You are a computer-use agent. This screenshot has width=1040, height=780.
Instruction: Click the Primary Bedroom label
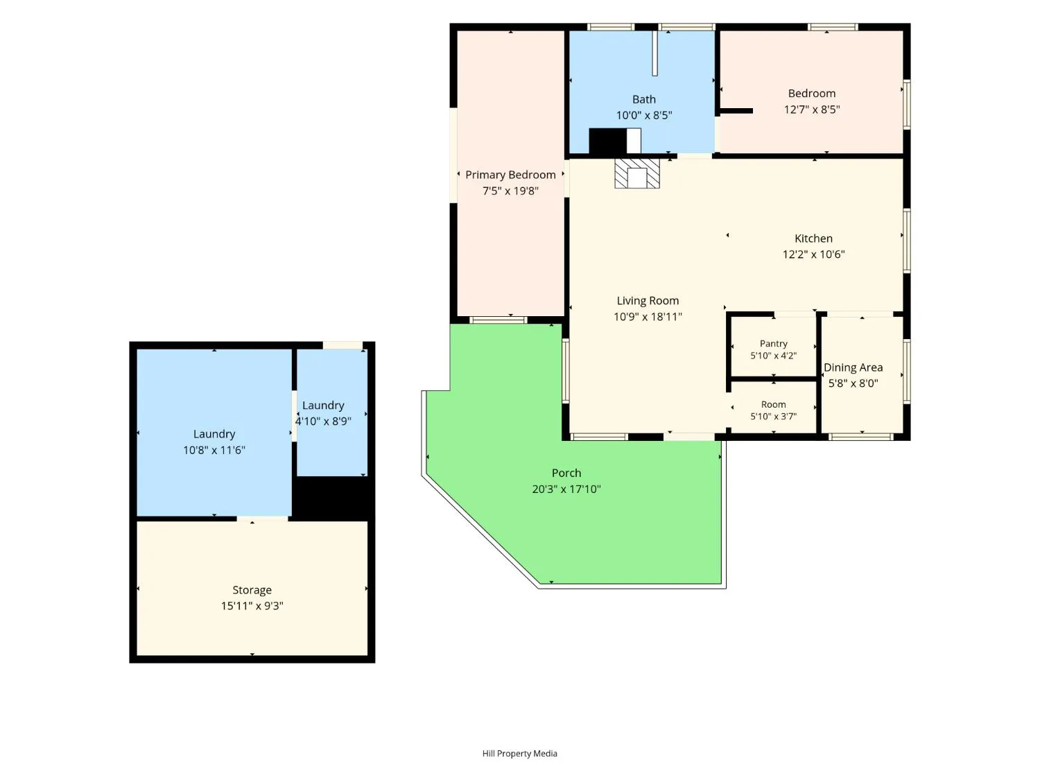pyautogui.click(x=510, y=175)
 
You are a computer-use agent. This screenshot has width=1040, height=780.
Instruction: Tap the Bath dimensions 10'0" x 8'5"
pyautogui.click(x=643, y=115)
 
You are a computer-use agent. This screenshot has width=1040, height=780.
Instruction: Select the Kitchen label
pyautogui.click(x=813, y=239)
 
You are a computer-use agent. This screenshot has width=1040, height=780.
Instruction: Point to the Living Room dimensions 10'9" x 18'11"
pyautogui.click(x=647, y=317)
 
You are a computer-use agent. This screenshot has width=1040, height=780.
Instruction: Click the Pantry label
pyautogui.click(x=773, y=343)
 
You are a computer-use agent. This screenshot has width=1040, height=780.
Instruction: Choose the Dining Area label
pyautogui.click(x=853, y=367)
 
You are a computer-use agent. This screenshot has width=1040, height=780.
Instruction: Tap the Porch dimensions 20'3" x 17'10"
pyautogui.click(x=566, y=489)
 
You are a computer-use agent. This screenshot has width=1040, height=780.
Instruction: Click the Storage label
pyautogui.click(x=252, y=589)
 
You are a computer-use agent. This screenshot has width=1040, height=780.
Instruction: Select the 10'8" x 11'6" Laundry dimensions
pyautogui.click(x=214, y=450)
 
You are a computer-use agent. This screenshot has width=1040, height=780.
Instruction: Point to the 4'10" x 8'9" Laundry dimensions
pyautogui.click(x=322, y=421)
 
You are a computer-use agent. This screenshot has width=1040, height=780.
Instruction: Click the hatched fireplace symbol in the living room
pyautogui.click(x=636, y=173)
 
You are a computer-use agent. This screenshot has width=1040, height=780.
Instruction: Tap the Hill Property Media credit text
pyautogui.click(x=519, y=754)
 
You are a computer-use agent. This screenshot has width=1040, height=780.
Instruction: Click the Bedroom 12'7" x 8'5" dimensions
pyautogui.click(x=812, y=110)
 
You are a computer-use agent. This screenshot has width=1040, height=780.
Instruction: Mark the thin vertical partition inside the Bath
pyautogui.click(x=655, y=53)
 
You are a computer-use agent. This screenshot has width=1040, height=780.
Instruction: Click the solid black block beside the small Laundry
pyautogui.click(x=331, y=496)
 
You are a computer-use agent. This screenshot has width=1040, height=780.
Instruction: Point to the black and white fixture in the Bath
pyautogui.click(x=614, y=141)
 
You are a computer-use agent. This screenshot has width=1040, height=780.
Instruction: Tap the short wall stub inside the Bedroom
pyautogui.click(x=735, y=111)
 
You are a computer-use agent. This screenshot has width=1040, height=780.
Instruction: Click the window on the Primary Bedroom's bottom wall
pyautogui.click(x=498, y=320)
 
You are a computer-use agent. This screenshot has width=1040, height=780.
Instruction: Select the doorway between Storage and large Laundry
pyautogui.click(x=262, y=519)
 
